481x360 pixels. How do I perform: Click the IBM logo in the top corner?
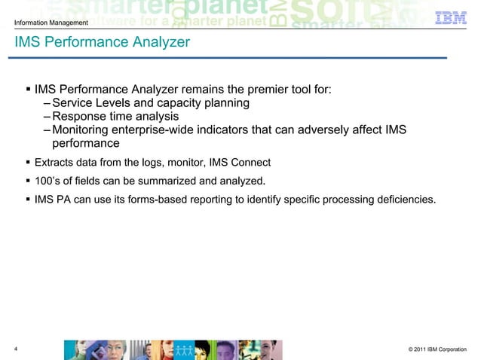coord(451,17)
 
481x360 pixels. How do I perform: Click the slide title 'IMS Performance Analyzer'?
coord(101,43)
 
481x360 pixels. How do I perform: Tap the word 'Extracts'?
coord(57,162)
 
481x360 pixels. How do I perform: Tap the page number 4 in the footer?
coord(17,348)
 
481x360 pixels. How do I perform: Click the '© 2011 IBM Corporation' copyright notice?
coord(437,349)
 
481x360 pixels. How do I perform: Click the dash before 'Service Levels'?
coord(47,102)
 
